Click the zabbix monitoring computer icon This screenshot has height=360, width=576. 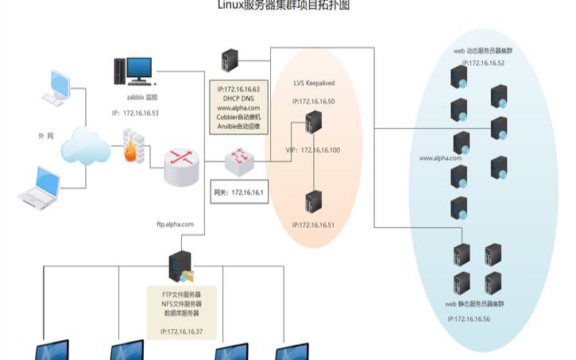click(131, 71)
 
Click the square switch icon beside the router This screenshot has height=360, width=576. click(239, 164)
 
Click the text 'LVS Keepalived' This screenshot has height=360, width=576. click(313, 83)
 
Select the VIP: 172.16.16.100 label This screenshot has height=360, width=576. click(312, 150)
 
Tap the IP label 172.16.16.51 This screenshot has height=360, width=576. click(314, 226)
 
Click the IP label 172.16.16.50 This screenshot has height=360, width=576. click(313, 102)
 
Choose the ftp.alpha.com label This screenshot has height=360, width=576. click(175, 225)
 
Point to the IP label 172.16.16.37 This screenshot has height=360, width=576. click(182, 331)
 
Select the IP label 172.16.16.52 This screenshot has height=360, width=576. click(483, 62)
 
